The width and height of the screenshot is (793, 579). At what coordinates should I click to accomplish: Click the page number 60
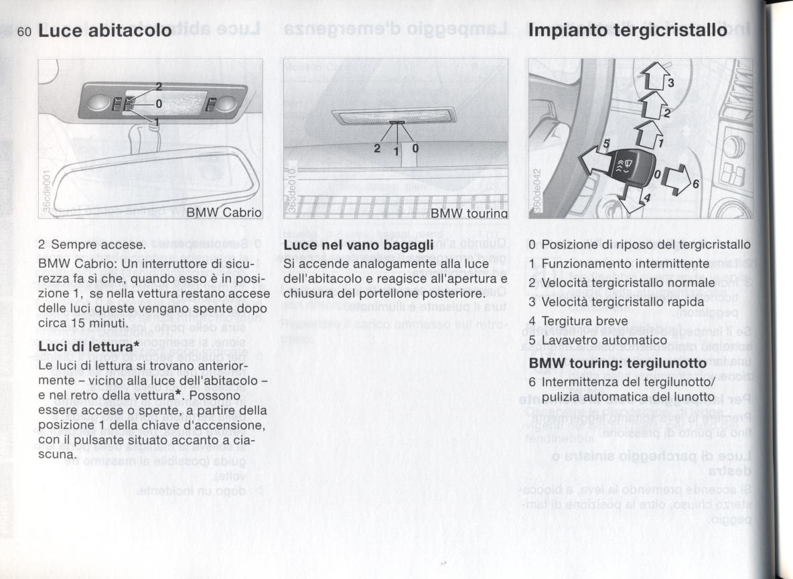25,31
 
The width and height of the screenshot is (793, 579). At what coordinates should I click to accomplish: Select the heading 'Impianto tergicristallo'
627,30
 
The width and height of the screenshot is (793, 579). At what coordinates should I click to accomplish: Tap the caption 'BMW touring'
468,213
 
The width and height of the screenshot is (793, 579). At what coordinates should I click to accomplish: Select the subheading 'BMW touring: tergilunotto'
618,363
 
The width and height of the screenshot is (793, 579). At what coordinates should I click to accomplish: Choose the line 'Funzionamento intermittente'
624,263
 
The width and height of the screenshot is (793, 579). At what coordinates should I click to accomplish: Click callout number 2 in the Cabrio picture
159,86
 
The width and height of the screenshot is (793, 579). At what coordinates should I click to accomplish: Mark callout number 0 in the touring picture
416,147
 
